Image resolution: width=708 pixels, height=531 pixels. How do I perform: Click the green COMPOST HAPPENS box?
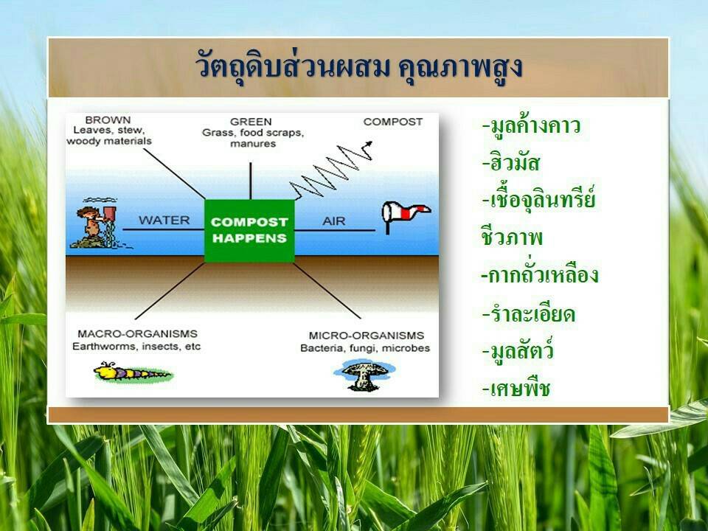[250, 230]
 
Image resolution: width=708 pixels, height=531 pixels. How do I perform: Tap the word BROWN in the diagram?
[108, 120]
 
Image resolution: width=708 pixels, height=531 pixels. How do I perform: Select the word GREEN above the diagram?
[251, 122]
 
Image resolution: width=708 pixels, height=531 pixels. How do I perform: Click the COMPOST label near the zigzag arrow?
[393, 122]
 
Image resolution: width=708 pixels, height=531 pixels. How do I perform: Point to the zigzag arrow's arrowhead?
[369, 144]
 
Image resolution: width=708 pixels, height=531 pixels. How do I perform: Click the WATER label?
[164, 221]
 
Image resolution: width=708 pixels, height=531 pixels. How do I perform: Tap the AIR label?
[333, 221]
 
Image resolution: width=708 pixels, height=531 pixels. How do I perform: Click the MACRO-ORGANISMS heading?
[138, 333]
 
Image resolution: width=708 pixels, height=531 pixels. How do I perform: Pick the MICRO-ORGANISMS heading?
[367, 336]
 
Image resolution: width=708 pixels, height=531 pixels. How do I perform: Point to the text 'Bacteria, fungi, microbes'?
[365, 349]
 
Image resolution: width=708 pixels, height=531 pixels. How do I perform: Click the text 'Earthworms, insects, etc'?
[136, 347]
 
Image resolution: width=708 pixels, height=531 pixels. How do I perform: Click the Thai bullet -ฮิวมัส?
[510, 162]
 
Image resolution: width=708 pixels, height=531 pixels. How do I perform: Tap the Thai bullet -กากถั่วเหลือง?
[540, 273]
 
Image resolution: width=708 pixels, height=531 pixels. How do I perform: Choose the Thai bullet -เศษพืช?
[516, 387]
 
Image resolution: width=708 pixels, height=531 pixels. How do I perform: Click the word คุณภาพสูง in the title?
[460, 67]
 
